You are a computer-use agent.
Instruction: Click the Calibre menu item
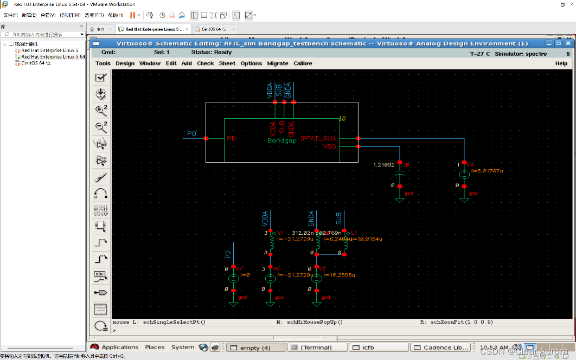coord(303,63)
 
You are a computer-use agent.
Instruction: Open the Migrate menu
coord(278,63)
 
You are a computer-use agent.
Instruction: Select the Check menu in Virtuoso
coord(205,63)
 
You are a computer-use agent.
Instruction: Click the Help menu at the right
coord(561,63)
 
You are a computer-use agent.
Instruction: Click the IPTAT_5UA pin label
coord(319,139)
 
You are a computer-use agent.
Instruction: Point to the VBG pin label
coord(329,146)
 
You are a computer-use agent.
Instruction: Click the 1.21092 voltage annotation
coord(383,164)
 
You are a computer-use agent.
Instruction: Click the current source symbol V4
coord(464,175)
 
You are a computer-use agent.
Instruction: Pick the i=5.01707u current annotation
coord(488,171)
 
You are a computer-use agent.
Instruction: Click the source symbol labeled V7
coord(233,278)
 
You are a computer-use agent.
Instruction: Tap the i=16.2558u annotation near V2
coord(339,275)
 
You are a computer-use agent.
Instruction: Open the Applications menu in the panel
coord(120,348)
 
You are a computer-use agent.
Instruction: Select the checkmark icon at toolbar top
coord(100,78)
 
